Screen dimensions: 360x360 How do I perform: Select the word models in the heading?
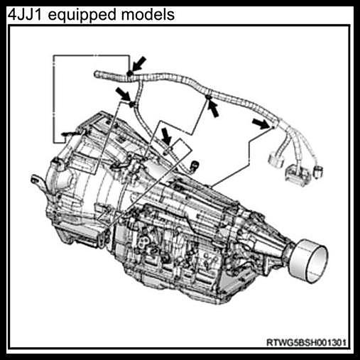pos(148,15)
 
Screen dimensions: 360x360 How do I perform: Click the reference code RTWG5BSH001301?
pos(306,342)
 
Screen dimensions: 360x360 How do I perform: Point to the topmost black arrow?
pos(139,64)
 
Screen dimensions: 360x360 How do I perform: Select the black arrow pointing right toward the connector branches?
pos(261,124)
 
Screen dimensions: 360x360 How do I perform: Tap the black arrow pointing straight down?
pos(167,136)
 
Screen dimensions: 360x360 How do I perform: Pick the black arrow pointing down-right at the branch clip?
pos(123,94)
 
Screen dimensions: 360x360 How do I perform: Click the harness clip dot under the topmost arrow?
pos(129,74)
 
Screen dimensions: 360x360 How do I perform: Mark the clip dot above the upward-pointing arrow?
pos(208,97)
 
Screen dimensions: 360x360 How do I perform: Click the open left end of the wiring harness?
pos(97,75)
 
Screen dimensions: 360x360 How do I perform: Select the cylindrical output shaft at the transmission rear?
pos(309,261)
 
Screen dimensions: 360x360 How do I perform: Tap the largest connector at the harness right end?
pos(298,174)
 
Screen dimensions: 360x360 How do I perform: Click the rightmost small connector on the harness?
pos(317,172)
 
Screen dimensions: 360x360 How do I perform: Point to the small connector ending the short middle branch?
pos(195,165)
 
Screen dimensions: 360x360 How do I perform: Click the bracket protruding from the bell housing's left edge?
pos(38,182)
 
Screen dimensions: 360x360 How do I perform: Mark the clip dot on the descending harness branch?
pos(132,104)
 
